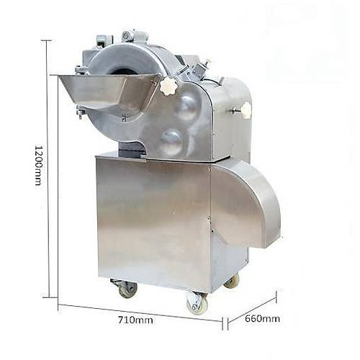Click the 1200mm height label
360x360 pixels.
point(38,165)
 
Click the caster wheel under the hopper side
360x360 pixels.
point(127,289)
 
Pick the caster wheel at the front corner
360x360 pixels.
point(197,303)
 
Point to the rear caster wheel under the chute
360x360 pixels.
point(232,282)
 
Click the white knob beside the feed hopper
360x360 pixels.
point(168,87)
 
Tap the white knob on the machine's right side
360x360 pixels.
point(246,110)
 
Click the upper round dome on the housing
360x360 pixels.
point(186,107)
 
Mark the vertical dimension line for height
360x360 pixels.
point(48,169)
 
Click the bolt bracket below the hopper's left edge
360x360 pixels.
point(81,112)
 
